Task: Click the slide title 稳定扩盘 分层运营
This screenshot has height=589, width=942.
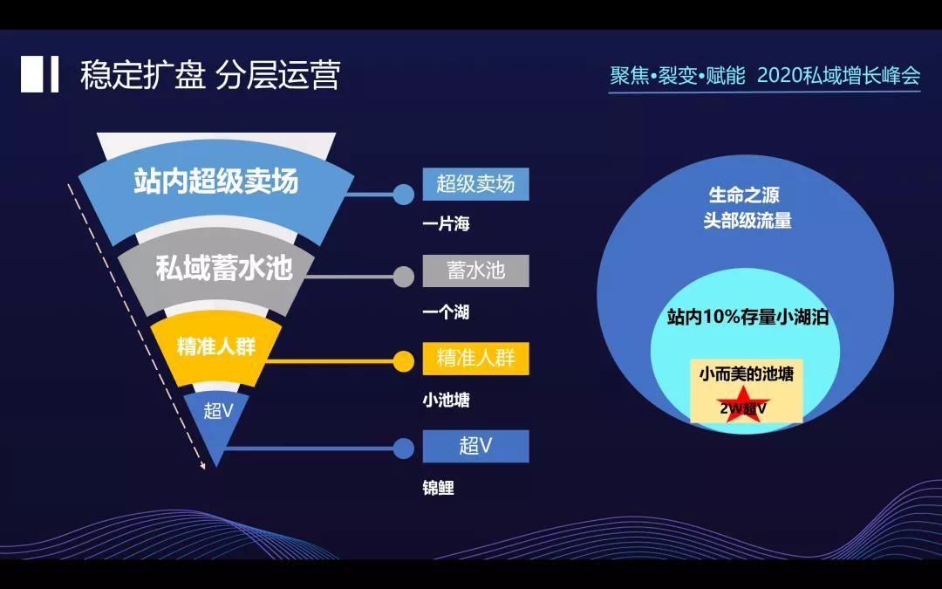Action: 209,75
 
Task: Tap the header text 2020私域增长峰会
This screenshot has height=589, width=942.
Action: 838,76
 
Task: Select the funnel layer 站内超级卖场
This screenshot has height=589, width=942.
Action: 215,181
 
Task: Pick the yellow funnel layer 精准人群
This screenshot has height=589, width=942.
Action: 215,346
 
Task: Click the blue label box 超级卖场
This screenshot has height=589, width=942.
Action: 475,184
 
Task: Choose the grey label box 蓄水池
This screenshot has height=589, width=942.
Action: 475,271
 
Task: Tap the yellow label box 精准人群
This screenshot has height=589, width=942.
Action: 475,359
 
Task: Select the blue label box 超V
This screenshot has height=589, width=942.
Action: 475,446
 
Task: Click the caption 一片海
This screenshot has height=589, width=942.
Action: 447,224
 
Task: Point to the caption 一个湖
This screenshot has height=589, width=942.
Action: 447,312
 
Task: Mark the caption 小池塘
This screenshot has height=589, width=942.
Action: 447,401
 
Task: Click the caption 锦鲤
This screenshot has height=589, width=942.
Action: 439,489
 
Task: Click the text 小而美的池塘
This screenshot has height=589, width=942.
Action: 746,374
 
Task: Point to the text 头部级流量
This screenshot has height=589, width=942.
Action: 747,221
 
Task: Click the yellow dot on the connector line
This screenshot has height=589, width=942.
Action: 403,361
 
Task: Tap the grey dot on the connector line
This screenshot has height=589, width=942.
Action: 403,277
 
